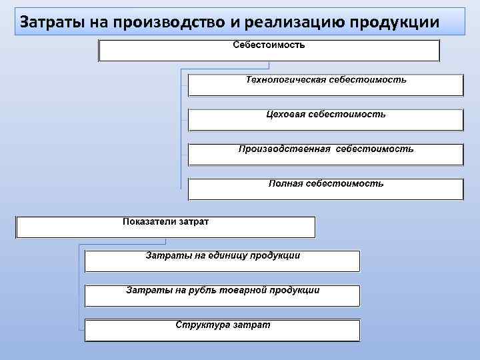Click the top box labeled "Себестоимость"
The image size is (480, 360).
pos(269,51)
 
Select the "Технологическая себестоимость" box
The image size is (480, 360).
pos(325,85)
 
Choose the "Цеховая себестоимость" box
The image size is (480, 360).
pos(325,120)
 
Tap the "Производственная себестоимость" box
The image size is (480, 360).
pos(325,154)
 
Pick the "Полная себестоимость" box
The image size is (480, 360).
pos(325,189)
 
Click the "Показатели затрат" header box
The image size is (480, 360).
pos(165,227)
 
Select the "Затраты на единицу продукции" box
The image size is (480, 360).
pos(222,261)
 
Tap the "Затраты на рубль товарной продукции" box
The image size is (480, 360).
pos(222,295)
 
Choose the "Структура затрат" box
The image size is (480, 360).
pos(222,330)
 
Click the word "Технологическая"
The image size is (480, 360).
pos(286,80)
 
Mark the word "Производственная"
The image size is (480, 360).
pos(285,149)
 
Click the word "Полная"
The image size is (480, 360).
pos(285,183)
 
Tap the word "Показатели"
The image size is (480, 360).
pos(149,221)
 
